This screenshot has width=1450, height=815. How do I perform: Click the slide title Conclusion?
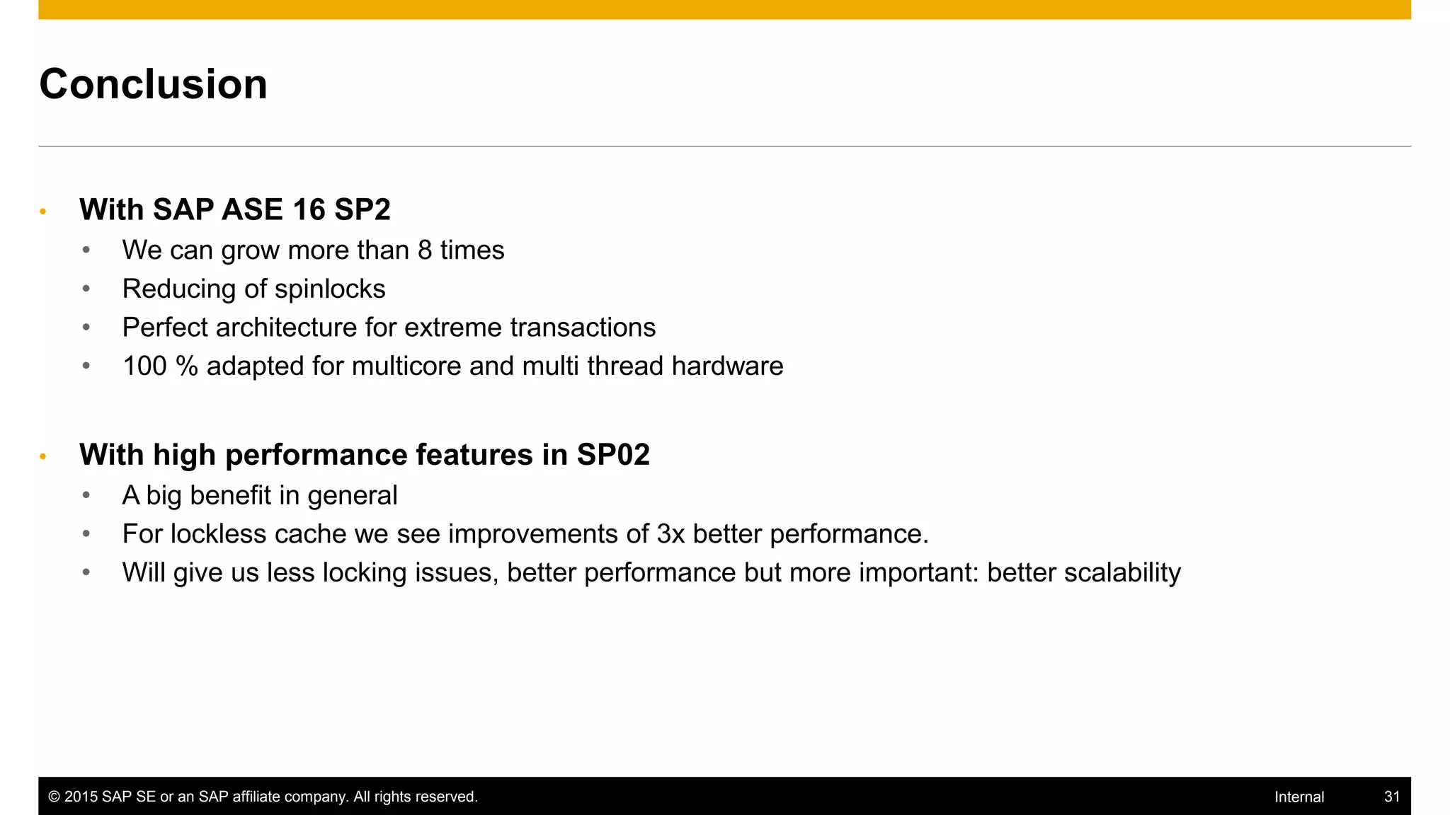pyautogui.click(x=153, y=84)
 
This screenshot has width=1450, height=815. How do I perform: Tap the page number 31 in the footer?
pyautogui.click(x=1391, y=797)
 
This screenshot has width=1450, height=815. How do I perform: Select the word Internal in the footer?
pyautogui.click(x=1298, y=797)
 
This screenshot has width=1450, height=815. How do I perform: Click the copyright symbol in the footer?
pyautogui.click(x=54, y=797)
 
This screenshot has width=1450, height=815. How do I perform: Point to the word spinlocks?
pyautogui.click(x=330, y=289)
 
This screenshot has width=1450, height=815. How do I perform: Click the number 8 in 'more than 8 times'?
pyautogui.click(x=425, y=250)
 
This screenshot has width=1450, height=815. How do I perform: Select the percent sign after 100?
pyautogui.click(x=187, y=366)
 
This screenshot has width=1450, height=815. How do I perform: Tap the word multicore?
pyautogui.click(x=406, y=366)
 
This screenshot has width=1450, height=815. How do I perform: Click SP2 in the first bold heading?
pyautogui.click(x=362, y=209)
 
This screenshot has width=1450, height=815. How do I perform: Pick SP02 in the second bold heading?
pyautogui.click(x=613, y=455)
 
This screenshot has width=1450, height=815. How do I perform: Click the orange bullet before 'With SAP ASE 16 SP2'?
pyautogui.click(x=43, y=212)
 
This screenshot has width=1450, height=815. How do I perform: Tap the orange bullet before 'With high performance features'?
pyautogui.click(x=43, y=457)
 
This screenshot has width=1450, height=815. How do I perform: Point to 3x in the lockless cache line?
pyautogui.click(x=670, y=534)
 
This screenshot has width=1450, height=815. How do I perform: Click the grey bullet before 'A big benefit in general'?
pyautogui.click(x=86, y=495)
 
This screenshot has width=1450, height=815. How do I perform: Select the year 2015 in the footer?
pyautogui.click(x=81, y=797)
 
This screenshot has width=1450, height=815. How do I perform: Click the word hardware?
pyautogui.click(x=727, y=366)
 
